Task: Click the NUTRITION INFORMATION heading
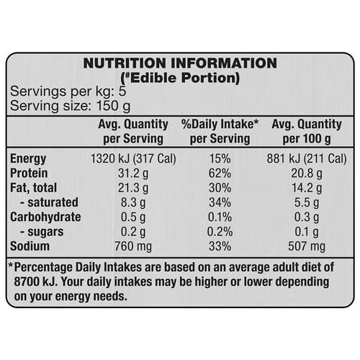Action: point(179,63)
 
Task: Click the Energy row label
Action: point(29,158)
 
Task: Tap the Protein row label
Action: point(30,173)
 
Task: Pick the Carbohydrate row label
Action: point(46,216)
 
